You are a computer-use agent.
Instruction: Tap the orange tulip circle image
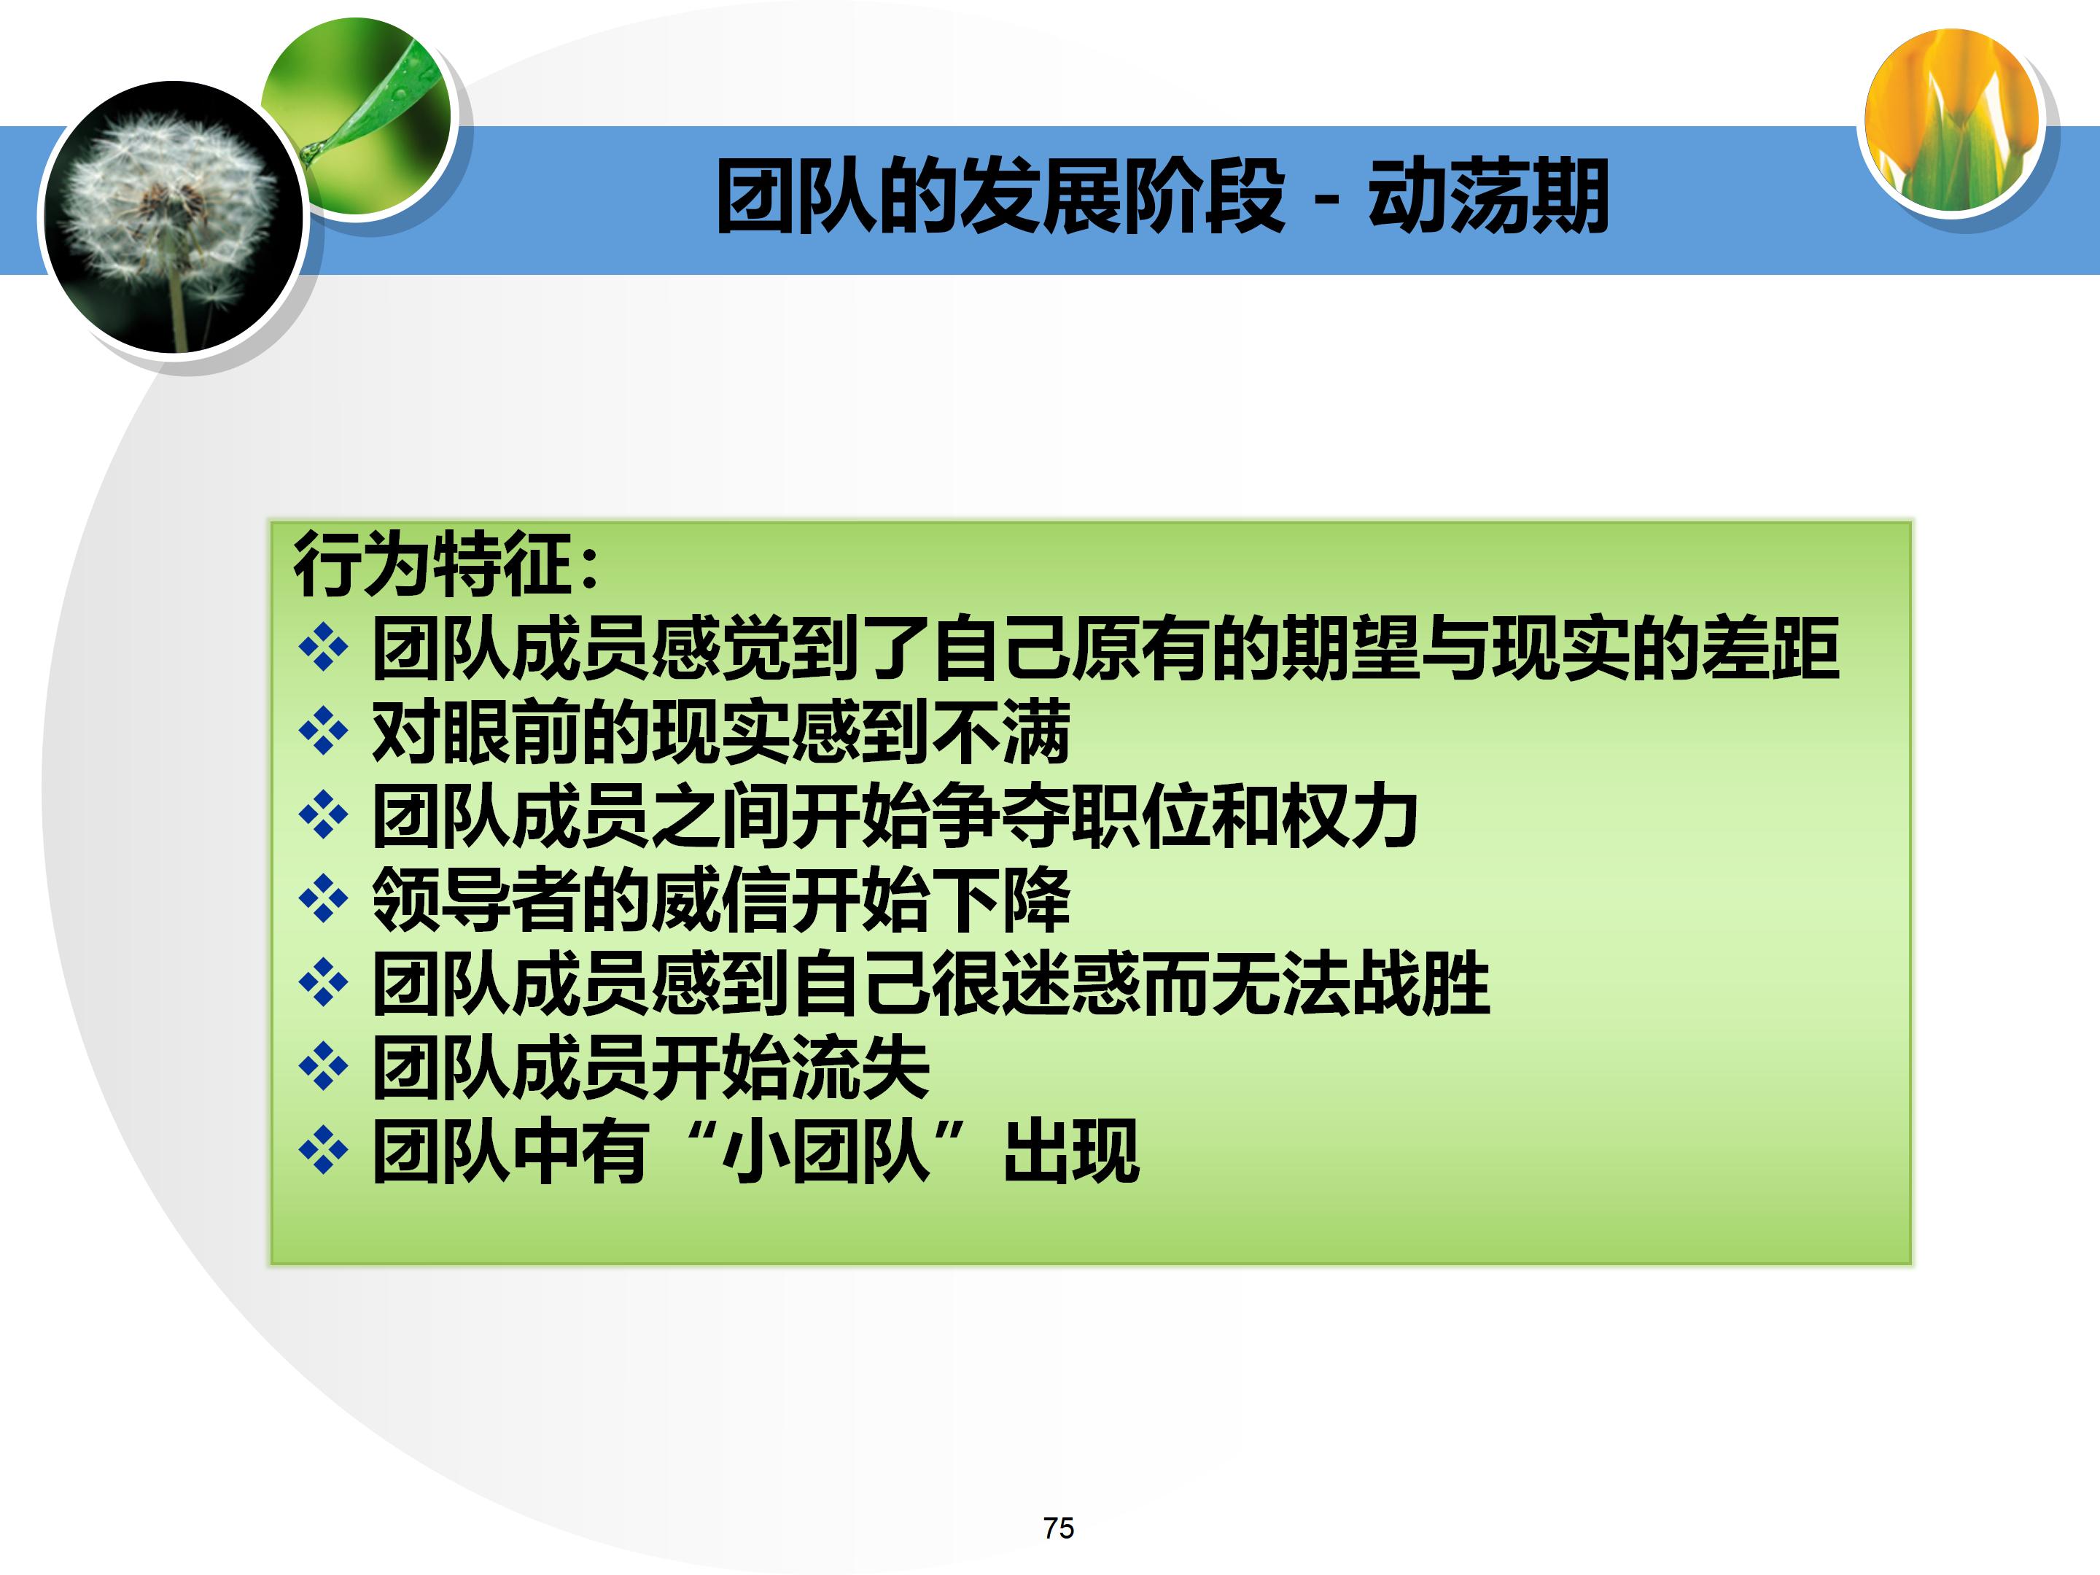click(1952, 119)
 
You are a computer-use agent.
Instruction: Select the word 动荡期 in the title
click(1487, 197)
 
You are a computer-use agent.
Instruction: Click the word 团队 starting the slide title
click(796, 197)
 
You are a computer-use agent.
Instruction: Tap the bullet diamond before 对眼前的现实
click(323, 731)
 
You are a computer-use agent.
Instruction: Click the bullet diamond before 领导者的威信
click(323, 899)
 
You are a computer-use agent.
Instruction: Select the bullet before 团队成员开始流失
click(323, 1067)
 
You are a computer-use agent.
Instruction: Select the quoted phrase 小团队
click(824, 1151)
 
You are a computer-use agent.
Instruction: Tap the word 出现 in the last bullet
click(1071, 1151)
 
